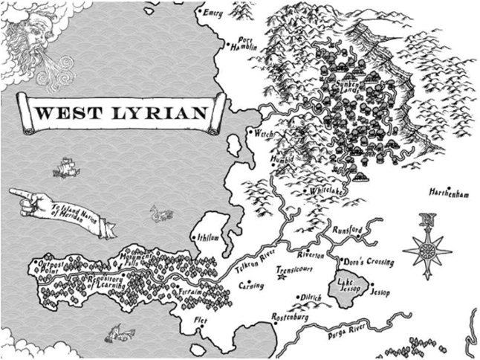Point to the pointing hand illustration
(30, 199)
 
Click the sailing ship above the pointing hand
(65, 167)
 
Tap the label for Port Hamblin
(246, 44)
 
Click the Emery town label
(213, 12)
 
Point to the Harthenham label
(450, 193)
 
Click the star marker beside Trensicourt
(282, 277)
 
